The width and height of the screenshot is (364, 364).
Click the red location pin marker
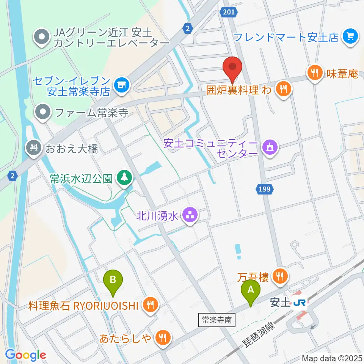coord(233,69)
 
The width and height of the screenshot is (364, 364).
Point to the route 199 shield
coord(266,188)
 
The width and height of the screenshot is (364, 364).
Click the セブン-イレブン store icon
coord(121,85)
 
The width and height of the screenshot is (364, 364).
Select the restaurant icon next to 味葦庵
coord(315,73)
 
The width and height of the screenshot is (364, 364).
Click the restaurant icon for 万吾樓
coord(280,276)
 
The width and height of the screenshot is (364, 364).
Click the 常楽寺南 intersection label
coord(217,320)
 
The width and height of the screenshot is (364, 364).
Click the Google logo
coord(26,355)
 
